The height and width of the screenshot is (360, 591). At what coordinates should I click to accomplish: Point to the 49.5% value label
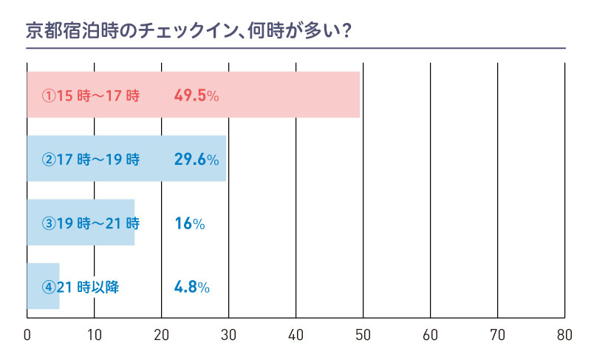point(197,95)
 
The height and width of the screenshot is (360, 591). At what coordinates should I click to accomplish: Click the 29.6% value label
point(197,159)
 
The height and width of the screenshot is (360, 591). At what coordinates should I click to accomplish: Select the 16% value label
point(189,223)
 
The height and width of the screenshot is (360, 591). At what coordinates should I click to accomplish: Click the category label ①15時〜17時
point(90,95)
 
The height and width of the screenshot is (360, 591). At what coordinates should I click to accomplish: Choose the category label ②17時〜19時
point(90,159)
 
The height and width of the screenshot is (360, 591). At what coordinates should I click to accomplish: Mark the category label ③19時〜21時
point(90,223)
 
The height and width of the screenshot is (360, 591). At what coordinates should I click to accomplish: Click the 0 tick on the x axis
point(27,335)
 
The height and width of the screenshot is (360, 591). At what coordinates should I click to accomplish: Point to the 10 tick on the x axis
point(94,335)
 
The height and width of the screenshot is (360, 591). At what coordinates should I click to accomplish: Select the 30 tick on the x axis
point(228,335)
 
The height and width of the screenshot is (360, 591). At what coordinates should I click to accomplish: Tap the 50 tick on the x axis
point(363,335)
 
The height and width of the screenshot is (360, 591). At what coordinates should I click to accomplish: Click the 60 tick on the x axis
point(430,335)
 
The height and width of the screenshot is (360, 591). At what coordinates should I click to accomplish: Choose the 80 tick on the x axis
point(564,335)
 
